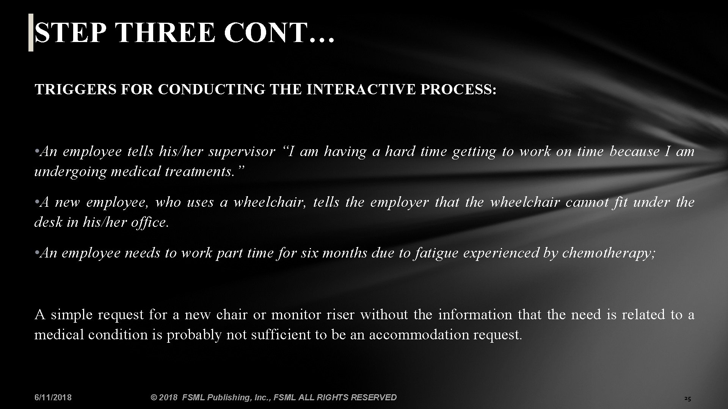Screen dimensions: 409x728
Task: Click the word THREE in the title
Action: tap(166, 33)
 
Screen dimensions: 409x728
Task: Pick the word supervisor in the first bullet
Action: tap(242, 152)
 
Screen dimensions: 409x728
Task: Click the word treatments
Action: tap(204, 172)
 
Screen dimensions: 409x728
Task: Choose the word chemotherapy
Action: tap(608, 253)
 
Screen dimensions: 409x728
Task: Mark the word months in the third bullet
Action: tap(345, 253)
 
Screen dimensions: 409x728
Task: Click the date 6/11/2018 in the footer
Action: tap(53, 397)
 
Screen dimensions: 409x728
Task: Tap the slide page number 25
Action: tap(687, 398)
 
